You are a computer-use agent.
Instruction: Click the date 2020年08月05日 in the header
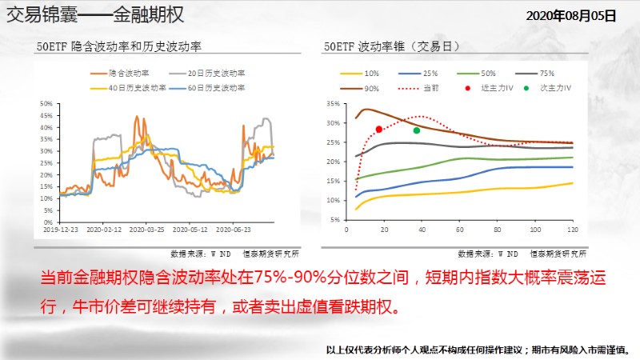[571, 15]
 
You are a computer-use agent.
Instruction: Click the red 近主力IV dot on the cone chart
[378, 130]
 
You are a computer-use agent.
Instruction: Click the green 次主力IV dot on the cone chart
[416, 130]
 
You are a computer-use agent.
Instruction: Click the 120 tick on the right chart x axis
[572, 230]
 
